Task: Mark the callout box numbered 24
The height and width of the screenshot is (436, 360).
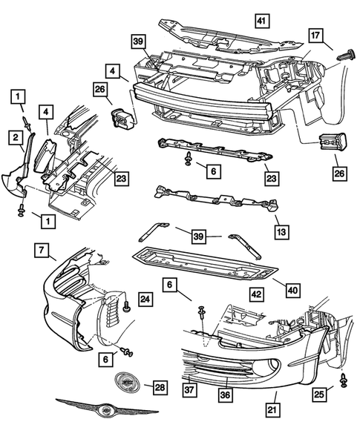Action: pos(145,300)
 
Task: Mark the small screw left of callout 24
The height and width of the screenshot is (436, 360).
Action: pos(128,304)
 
